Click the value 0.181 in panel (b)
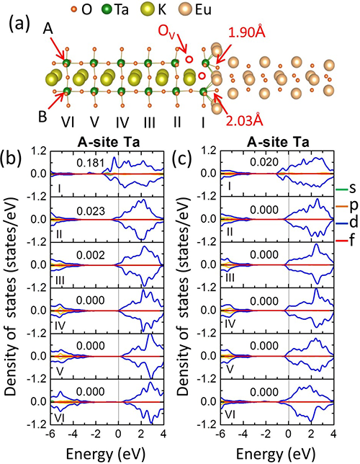pos(91,163)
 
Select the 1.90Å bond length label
pos(247,32)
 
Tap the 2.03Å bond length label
pos(245,120)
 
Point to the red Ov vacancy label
pos(167,32)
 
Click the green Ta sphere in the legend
pos(108,10)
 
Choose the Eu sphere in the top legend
pos(186,9)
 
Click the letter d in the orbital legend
pos(354,222)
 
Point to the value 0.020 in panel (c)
pos(264,162)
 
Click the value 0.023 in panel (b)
pos(91,210)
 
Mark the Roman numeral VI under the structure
pos(68,122)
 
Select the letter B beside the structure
pos(42,117)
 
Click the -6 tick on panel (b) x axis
pos(49,434)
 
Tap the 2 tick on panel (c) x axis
pos(311,434)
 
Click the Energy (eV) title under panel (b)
pos(106,453)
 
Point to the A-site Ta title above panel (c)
pos(278,143)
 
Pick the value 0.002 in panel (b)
pos(91,255)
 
